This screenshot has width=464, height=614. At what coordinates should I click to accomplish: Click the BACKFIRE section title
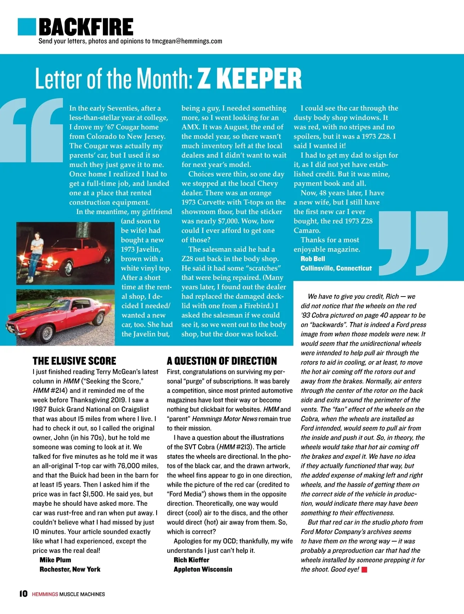click(86, 27)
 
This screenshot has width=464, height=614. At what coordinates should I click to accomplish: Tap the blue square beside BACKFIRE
click(27, 27)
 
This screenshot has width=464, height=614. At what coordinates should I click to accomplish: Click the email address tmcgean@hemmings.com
click(187, 41)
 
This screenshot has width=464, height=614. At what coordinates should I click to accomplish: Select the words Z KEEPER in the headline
click(249, 79)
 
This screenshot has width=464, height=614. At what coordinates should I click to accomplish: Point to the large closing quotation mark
click(413, 243)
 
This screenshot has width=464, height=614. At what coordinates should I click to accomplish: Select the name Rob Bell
click(313, 259)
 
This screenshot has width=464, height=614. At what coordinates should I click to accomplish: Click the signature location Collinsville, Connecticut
click(336, 268)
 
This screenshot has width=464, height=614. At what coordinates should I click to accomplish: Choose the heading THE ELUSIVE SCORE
click(74, 361)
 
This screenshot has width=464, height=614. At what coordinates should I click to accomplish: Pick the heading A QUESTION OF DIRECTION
click(222, 361)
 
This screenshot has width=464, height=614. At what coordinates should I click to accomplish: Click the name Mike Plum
click(55, 560)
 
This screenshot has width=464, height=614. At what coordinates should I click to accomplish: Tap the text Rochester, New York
click(70, 569)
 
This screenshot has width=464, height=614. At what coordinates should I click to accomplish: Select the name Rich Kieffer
click(191, 560)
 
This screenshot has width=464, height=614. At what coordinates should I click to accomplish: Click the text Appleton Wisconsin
click(203, 569)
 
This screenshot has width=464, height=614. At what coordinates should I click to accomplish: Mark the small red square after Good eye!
click(364, 570)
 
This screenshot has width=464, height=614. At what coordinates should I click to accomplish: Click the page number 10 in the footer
click(24, 594)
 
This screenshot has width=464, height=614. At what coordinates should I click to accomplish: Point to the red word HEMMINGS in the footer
click(45, 594)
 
